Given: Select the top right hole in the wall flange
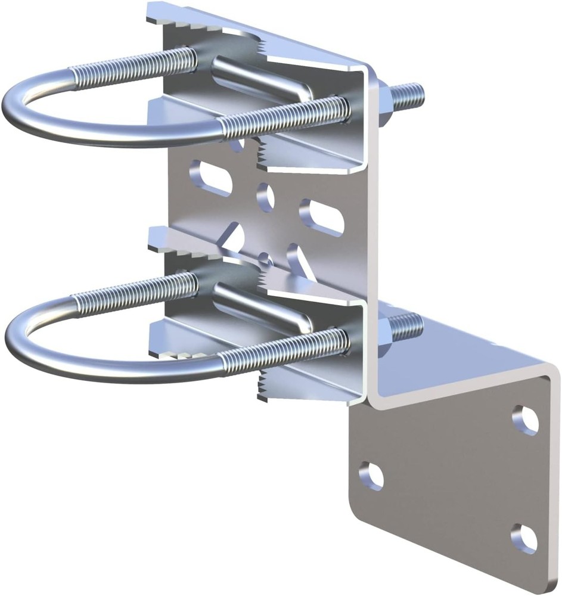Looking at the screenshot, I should coord(525,420).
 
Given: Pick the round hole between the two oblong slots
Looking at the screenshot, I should coord(266,196).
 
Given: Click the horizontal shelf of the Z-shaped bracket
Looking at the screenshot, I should coord(471,358).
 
